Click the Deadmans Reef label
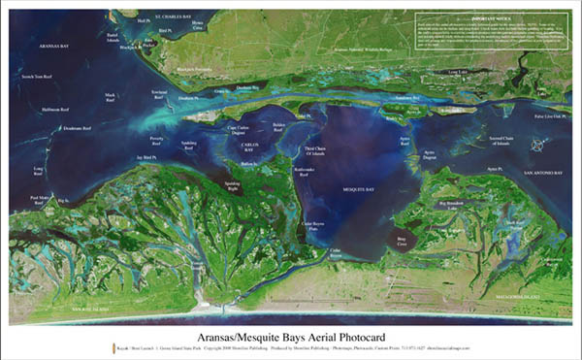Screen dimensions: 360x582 (x=74, y=128)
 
